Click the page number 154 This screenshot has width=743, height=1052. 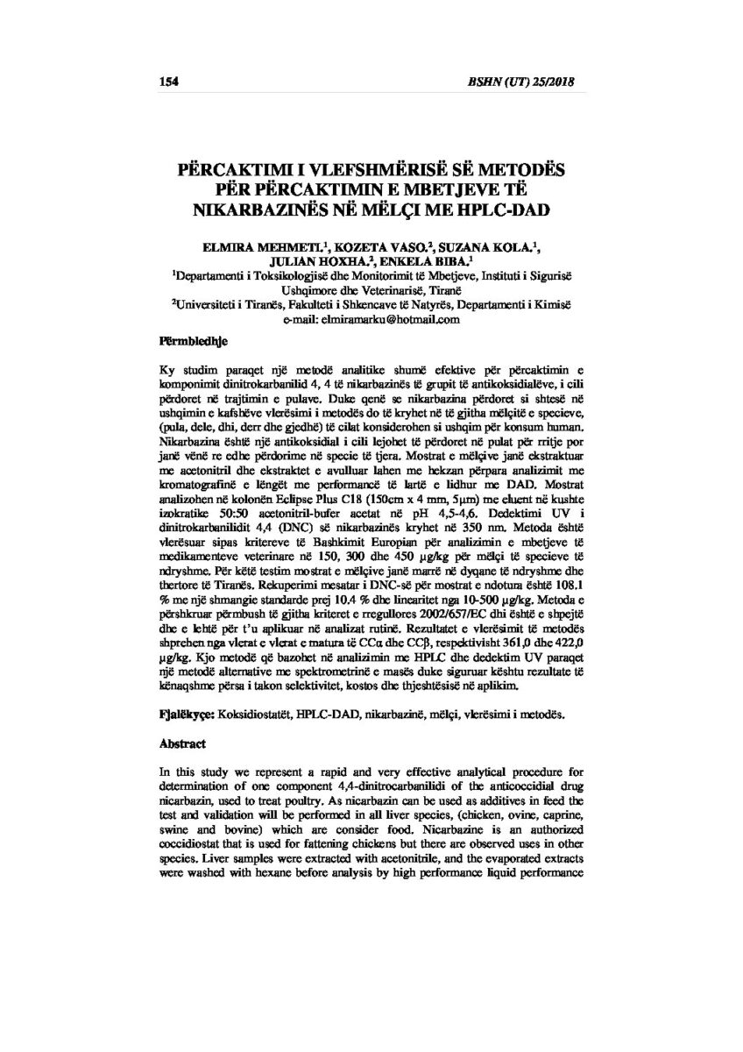[168, 82]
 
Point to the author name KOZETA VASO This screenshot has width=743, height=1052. [367, 248]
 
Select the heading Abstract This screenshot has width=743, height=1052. [181, 744]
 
